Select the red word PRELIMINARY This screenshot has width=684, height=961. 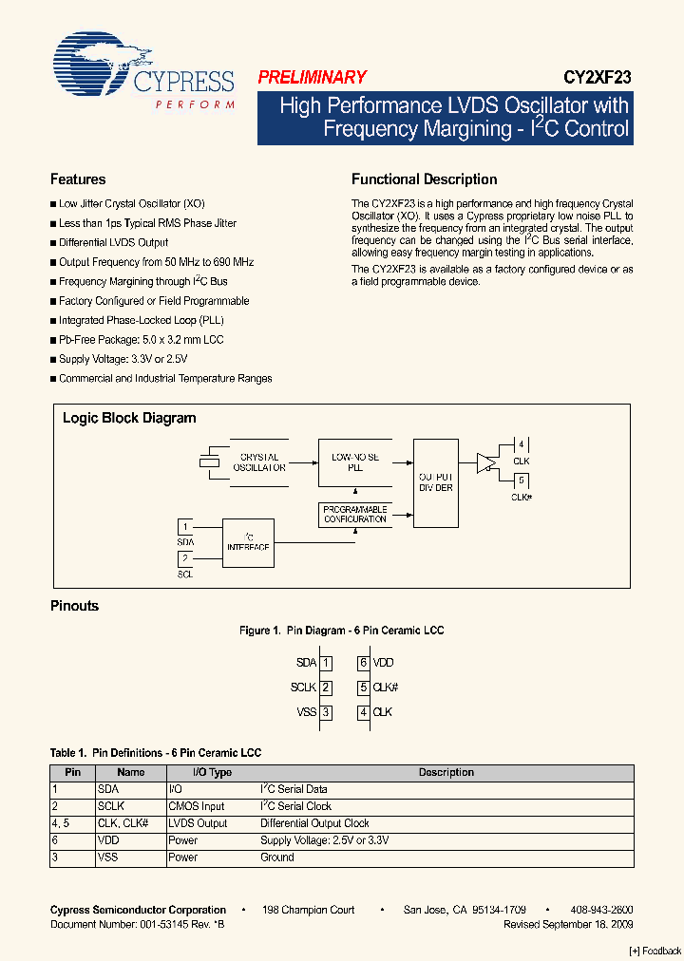tap(312, 78)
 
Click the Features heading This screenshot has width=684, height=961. tap(78, 179)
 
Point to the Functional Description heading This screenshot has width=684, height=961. tap(424, 179)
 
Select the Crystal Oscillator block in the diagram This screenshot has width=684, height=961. tap(259, 462)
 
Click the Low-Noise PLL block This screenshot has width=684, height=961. tap(355, 462)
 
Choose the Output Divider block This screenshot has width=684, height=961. tap(436, 482)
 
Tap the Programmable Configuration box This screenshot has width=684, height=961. tap(355, 514)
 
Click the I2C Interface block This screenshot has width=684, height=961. tap(248, 543)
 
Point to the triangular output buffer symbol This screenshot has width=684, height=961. tap(485, 462)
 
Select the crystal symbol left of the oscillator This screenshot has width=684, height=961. tap(208, 462)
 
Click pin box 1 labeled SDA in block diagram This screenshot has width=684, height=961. tap(186, 526)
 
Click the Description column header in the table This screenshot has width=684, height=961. tap(446, 772)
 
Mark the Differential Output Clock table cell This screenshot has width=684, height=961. tap(314, 823)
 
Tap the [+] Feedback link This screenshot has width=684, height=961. tap(655, 952)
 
